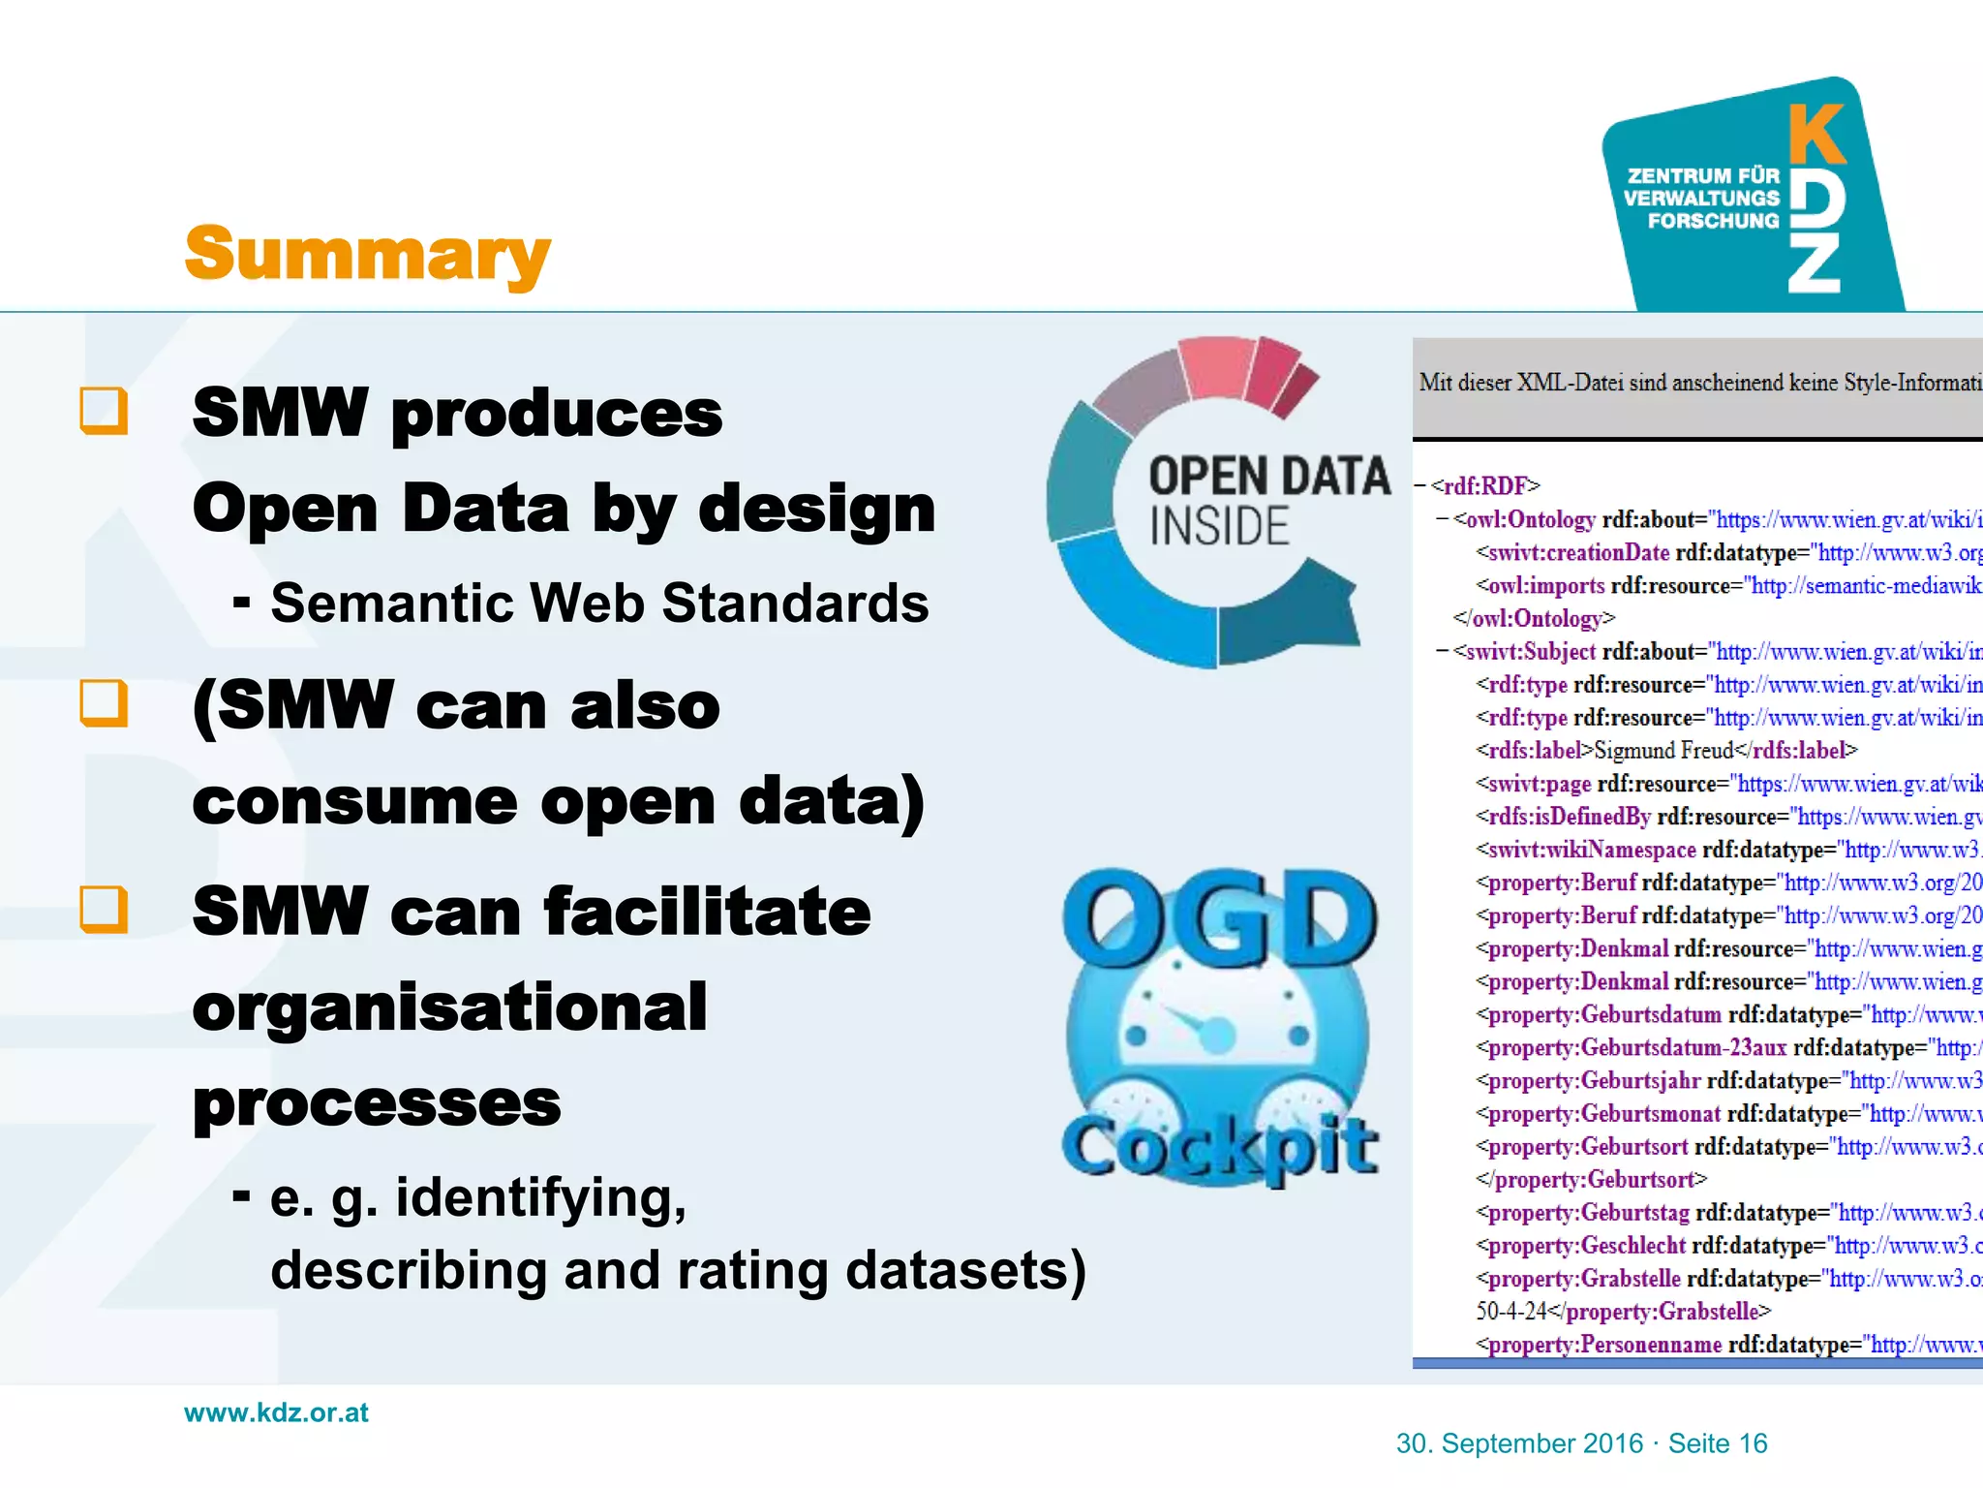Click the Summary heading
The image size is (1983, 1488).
pos(367,254)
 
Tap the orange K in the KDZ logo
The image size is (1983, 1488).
pos(1815,135)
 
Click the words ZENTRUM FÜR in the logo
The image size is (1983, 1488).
pos(1703,175)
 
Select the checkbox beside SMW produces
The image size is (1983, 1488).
pos(104,411)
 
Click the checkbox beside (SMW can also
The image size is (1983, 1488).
pos(104,702)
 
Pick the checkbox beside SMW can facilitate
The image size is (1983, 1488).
pos(104,909)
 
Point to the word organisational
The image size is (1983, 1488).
pos(449,1007)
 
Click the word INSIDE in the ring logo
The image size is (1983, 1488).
pos(1219,527)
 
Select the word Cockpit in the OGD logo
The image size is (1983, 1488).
pos(1219,1147)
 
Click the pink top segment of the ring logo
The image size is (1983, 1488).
pos(1216,369)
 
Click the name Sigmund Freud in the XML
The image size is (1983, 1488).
pos(1663,751)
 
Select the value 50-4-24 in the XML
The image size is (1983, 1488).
pos(1510,1312)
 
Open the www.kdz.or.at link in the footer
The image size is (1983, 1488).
pos(276,1412)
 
